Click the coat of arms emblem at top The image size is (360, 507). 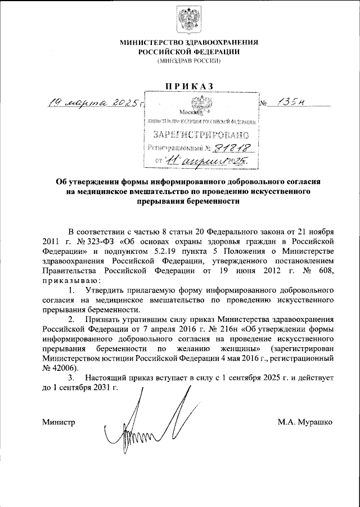(x=185, y=21)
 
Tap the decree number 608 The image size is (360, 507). (x=326, y=270)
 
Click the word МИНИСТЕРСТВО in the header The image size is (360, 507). (x=151, y=42)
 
